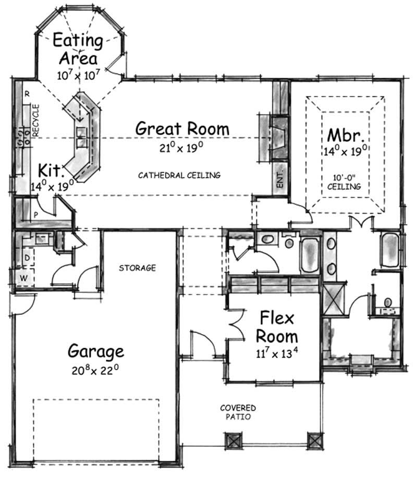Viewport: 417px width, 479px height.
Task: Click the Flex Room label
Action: click(279, 326)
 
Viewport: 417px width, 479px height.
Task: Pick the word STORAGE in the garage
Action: click(137, 268)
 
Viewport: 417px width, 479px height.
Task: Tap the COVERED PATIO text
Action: click(237, 412)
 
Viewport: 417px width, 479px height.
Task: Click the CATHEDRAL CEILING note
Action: click(179, 176)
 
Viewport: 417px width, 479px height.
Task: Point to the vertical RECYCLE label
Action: click(36, 120)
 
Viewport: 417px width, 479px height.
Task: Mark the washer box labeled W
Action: click(23, 278)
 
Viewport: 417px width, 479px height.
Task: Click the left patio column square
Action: click(232, 441)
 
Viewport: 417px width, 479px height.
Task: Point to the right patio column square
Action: click(314, 441)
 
